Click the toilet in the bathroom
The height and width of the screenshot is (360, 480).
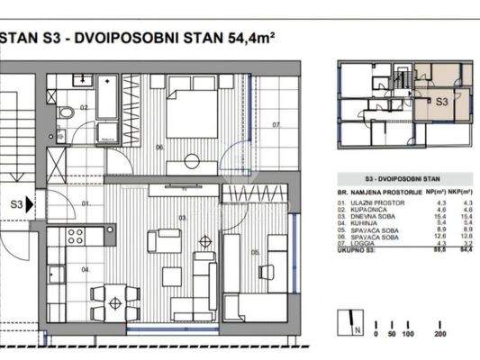65,114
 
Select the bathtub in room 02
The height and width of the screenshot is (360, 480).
107,110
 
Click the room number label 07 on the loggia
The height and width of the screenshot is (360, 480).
276,123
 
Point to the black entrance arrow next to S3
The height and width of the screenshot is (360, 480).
30,205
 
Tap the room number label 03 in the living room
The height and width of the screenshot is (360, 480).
181,218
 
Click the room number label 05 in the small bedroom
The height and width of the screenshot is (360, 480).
255,252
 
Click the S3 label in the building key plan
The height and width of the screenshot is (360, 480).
442,103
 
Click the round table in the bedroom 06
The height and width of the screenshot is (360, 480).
192,162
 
